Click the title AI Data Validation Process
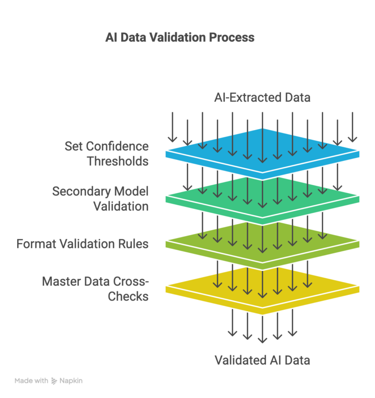pos(180,37)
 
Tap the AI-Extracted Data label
pos(262,97)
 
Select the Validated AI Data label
pos(262,360)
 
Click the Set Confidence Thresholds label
pos(107,153)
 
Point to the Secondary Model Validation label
pos(101,199)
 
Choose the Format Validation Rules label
pos(83,243)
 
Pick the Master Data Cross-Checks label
pos(95,288)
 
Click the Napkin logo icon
pos(54,380)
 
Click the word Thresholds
pos(118,160)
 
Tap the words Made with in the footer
pos(31,380)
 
